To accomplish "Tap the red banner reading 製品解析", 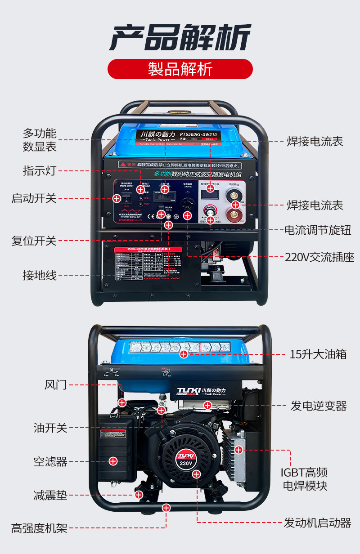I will click(180, 69).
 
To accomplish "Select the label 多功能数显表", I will click(40, 140).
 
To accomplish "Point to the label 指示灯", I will click(40, 171).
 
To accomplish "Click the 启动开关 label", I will click(34, 198).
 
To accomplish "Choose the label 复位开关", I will click(34, 241).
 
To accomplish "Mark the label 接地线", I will click(40, 275).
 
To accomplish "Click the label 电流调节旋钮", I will click(318, 230).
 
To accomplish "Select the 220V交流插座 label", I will click(319, 257).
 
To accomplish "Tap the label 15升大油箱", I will click(318, 354).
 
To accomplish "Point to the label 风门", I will click(56, 385).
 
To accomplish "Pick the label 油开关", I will click(50, 428).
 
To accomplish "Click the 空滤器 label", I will click(50, 461).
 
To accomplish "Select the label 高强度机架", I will click(40, 528).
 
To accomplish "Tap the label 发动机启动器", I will click(317, 523).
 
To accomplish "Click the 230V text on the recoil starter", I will click(186, 463).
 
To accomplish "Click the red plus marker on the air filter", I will click(113, 461).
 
